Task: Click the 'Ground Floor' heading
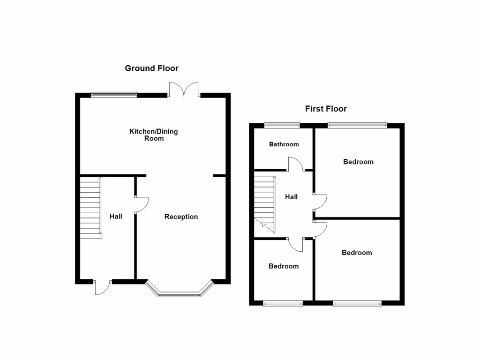tap(151, 68)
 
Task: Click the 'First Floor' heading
tap(326, 109)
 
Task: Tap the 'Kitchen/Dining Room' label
tap(154, 135)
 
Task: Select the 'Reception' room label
tap(181, 217)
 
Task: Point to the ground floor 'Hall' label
tap(116, 216)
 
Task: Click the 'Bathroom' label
tap(284, 144)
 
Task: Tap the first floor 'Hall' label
tap(291, 197)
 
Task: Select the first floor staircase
tap(265, 202)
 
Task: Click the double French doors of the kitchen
tap(185, 89)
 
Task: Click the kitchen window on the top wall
tap(114, 95)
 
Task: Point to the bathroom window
tap(282, 125)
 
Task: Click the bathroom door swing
tap(295, 164)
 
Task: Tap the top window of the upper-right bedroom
tap(357, 125)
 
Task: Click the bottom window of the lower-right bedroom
tap(357, 304)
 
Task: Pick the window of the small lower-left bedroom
tap(283, 304)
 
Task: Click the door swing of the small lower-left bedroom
tap(296, 244)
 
